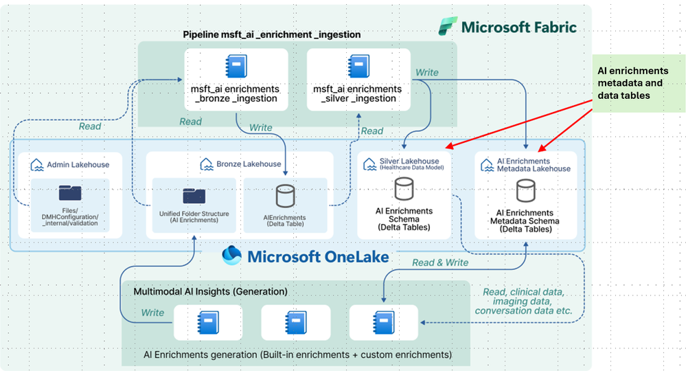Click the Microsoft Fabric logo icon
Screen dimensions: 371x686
[x=448, y=27]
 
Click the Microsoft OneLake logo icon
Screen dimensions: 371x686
[x=232, y=256]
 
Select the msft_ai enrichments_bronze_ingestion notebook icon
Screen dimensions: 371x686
[x=236, y=67]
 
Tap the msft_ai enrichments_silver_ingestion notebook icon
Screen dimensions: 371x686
[x=358, y=67]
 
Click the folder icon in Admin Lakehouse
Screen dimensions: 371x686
[x=70, y=193]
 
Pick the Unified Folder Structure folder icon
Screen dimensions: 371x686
[x=194, y=194]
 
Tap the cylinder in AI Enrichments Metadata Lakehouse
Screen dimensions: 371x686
[x=526, y=189]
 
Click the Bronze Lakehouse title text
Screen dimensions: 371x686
[x=240, y=164]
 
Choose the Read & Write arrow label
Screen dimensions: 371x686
[x=440, y=262]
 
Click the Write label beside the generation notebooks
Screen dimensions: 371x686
[x=152, y=313]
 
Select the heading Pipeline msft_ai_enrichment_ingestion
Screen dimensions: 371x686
[x=271, y=34]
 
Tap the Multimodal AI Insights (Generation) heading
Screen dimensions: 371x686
[x=210, y=291]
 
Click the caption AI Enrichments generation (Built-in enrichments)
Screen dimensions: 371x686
[x=297, y=355]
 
